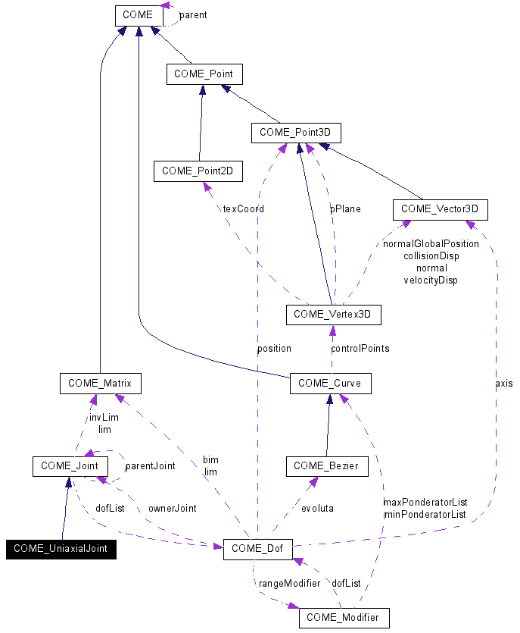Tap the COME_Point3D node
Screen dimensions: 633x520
click(296, 133)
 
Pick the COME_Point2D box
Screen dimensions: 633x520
click(198, 171)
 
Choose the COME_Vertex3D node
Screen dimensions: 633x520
click(333, 314)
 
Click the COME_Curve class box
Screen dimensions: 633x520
click(329, 384)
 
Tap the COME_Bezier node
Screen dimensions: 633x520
click(327, 466)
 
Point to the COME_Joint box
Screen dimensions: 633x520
click(70, 466)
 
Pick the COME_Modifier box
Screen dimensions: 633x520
click(344, 618)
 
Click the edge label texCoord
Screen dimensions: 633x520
click(243, 208)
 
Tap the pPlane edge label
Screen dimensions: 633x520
click(344, 208)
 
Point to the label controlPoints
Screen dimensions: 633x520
click(360, 349)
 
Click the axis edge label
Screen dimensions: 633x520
click(503, 384)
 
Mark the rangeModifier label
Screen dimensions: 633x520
click(283, 584)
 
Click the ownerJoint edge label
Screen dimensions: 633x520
click(172, 508)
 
